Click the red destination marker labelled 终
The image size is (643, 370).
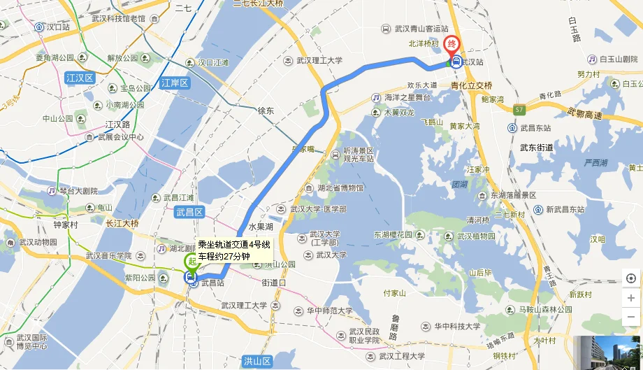click(x=453, y=44)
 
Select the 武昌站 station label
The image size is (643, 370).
click(x=212, y=283)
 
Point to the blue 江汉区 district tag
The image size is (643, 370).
click(x=80, y=78)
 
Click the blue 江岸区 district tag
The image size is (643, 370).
click(x=175, y=83)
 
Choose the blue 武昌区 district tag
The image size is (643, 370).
click(x=189, y=212)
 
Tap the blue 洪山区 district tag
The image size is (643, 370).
click(x=257, y=361)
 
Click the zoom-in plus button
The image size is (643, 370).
click(x=631, y=298)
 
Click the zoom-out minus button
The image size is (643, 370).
click(x=631, y=317)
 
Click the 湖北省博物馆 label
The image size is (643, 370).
click(x=340, y=188)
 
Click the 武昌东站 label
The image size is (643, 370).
click(x=535, y=128)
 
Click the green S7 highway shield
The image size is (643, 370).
click(x=518, y=110)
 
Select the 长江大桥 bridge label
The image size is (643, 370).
click(x=122, y=224)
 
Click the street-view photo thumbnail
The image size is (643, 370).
click(x=607, y=353)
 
